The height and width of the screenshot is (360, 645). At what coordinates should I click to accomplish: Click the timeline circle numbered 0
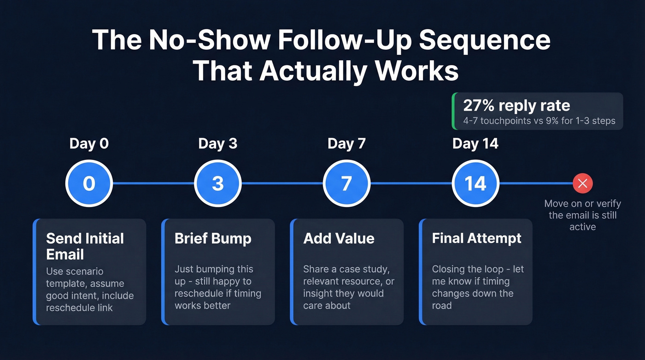[x=89, y=183]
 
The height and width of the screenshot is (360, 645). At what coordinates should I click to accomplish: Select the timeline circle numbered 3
[x=217, y=183]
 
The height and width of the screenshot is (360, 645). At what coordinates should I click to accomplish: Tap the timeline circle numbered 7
[x=346, y=183]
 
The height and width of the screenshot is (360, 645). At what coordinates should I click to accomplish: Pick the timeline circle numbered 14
[x=475, y=183]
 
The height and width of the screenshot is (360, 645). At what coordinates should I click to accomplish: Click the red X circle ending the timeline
[x=582, y=183]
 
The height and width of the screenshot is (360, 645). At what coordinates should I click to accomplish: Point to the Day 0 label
[x=89, y=143]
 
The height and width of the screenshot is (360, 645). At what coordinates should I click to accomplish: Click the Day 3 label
[x=217, y=143]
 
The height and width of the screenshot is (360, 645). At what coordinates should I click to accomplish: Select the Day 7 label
[x=346, y=143]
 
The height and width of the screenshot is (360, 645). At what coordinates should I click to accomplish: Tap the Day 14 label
[x=475, y=143]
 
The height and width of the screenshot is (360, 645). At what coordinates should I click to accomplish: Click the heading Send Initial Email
[x=85, y=246]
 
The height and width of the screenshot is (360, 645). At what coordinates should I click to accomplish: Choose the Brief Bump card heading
[x=213, y=238]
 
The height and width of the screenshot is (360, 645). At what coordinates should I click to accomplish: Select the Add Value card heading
[x=339, y=238]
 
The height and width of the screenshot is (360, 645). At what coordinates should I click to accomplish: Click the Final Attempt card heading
[x=476, y=238]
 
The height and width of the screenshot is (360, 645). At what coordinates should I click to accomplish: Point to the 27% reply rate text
[x=516, y=106]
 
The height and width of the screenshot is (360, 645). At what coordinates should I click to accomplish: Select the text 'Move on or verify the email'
[x=582, y=209]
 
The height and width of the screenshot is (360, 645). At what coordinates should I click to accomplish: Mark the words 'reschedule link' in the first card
[x=79, y=307]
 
